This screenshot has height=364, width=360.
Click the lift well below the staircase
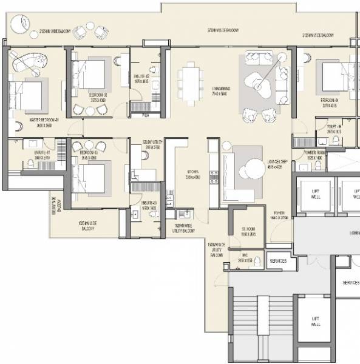click(x=316, y=321)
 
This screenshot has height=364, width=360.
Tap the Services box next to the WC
click(x=278, y=261)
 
